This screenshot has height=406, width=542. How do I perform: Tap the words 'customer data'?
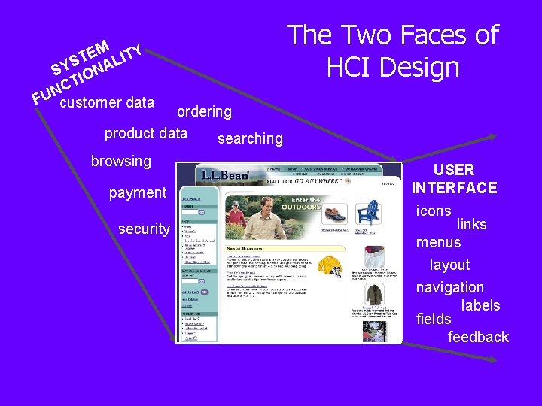pos(106,102)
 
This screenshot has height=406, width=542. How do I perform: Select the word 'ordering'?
pos(204,112)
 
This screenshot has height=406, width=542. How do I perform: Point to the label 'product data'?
pos(145,133)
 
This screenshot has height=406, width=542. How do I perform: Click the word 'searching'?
pos(250,138)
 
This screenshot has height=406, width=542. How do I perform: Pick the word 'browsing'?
pos(120,161)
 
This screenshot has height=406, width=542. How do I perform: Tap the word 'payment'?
pos(138,192)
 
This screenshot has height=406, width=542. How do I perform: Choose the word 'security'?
pos(145,229)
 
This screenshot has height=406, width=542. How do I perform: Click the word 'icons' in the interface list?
pos(434,211)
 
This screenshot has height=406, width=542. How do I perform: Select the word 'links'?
pos(471,224)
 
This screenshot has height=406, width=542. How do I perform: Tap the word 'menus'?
pos(438,242)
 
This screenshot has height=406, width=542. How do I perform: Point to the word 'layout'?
pos(449,265)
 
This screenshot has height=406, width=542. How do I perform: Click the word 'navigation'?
pos(450,287)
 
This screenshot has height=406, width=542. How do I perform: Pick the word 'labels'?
pos(480,304)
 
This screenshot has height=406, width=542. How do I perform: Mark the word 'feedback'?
pos(478,337)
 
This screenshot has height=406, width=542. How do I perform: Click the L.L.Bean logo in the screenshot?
pos(224,175)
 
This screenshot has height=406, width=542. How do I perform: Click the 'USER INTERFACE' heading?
pos(454,179)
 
